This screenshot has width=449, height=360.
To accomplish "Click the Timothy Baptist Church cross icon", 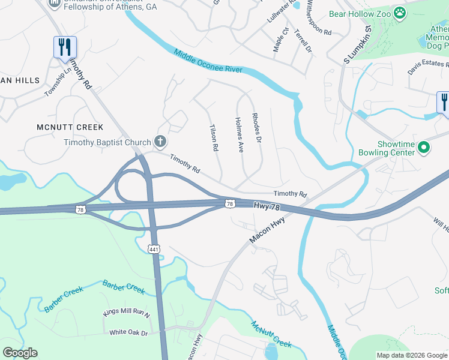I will pyautogui.click(x=160, y=142).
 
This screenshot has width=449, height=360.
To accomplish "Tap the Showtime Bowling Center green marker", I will pyautogui.click(x=424, y=146).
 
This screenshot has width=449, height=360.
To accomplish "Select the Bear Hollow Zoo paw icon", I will pyautogui.click(x=399, y=12).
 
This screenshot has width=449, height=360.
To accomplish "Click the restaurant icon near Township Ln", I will pyautogui.click(x=65, y=47).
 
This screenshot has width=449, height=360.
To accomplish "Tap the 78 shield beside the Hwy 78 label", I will pyautogui.click(x=230, y=204).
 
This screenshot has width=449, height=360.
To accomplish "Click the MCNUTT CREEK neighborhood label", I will pyautogui.click(x=70, y=127).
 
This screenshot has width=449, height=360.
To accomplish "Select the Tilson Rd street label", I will pyautogui.click(x=212, y=137).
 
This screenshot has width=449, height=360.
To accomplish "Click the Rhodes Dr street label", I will pyautogui.click(x=257, y=127).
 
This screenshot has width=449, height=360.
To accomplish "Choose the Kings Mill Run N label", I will pyautogui.click(x=126, y=314).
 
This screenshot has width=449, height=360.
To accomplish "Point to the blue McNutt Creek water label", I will pyautogui.click(x=271, y=335).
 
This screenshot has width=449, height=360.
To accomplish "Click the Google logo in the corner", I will pyautogui.click(x=20, y=353).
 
